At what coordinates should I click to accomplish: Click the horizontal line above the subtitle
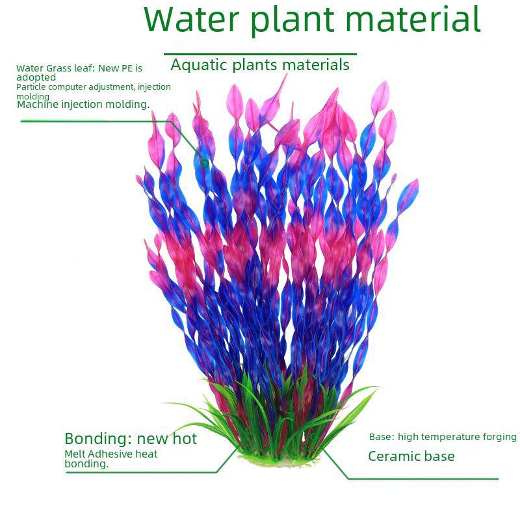click(260, 54)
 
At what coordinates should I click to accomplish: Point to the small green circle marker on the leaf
click(205, 163)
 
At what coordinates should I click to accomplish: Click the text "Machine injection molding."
click(83, 104)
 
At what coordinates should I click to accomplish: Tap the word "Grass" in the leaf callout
click(60, 68)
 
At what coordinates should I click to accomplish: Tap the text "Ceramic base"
click(411, 456)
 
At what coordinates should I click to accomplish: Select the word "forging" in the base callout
click(499, 437)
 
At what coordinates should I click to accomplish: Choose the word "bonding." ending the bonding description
click(86, 464)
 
